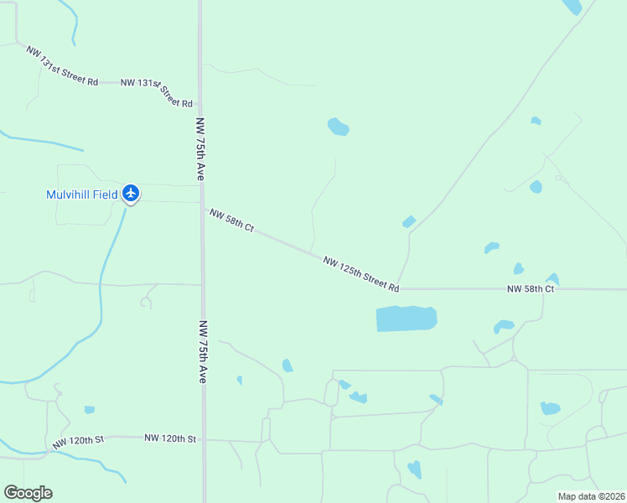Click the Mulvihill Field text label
point(81,194)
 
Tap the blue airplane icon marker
point(130,194)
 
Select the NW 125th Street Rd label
point(360,274)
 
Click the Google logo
point(28,493)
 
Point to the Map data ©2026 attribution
point(591,496)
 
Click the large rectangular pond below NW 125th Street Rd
point(407,319)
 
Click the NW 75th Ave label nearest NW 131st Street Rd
point(200,149)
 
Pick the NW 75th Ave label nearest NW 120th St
point(202,351)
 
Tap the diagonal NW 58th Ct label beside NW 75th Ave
point(231,221)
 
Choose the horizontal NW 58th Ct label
point(531,289)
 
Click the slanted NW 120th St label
point(77,441)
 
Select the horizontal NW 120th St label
point(169,438)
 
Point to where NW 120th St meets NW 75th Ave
point(203,438)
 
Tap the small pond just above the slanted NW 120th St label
point(89,410)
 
